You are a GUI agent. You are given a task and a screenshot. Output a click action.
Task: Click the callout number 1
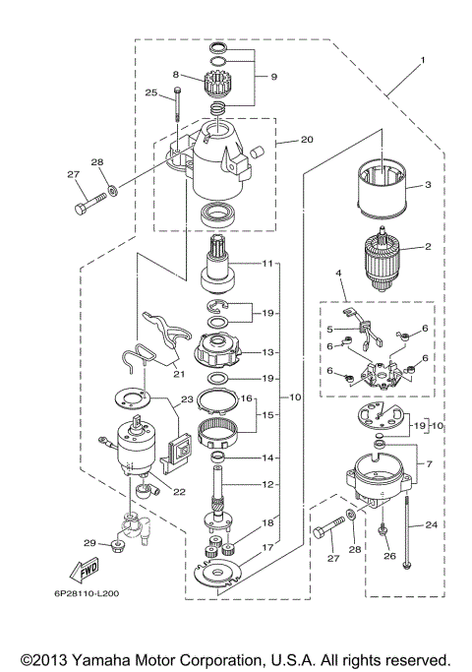(423, 61)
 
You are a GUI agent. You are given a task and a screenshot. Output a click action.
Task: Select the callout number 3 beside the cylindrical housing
(428, 185)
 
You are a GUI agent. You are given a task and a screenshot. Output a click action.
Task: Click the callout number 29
(88, 543)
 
